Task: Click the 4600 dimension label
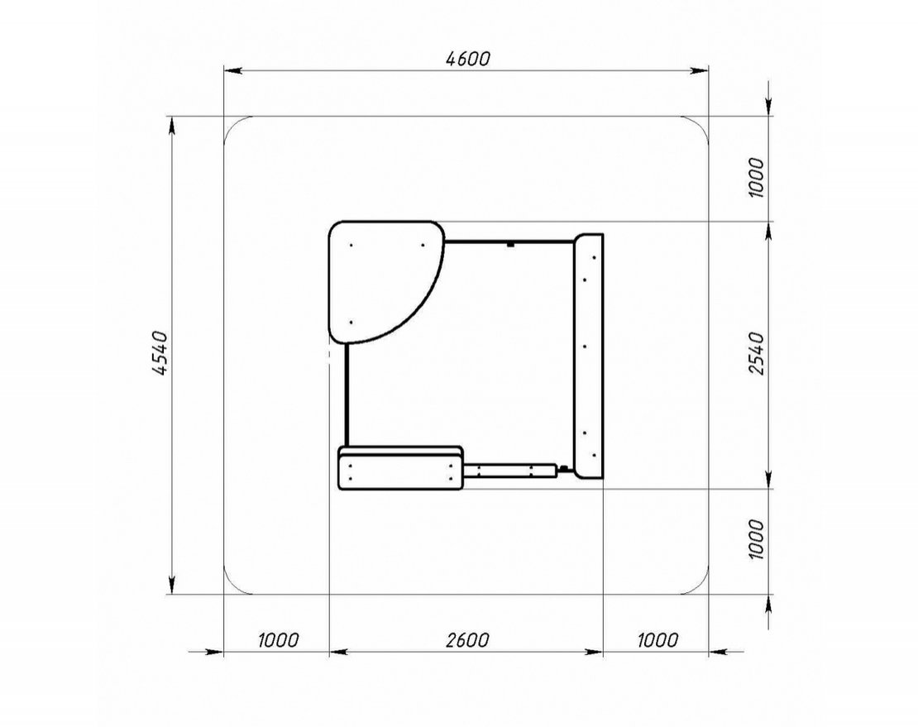pos(468,59)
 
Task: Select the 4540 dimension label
pos(160,353)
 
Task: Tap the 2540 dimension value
pos(757,353)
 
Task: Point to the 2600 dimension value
pos(466,640)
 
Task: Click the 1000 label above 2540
pos(757,177)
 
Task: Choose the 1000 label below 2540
pos(757,539)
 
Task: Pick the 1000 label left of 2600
pos(278,640)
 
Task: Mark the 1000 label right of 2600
pos(657,640)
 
